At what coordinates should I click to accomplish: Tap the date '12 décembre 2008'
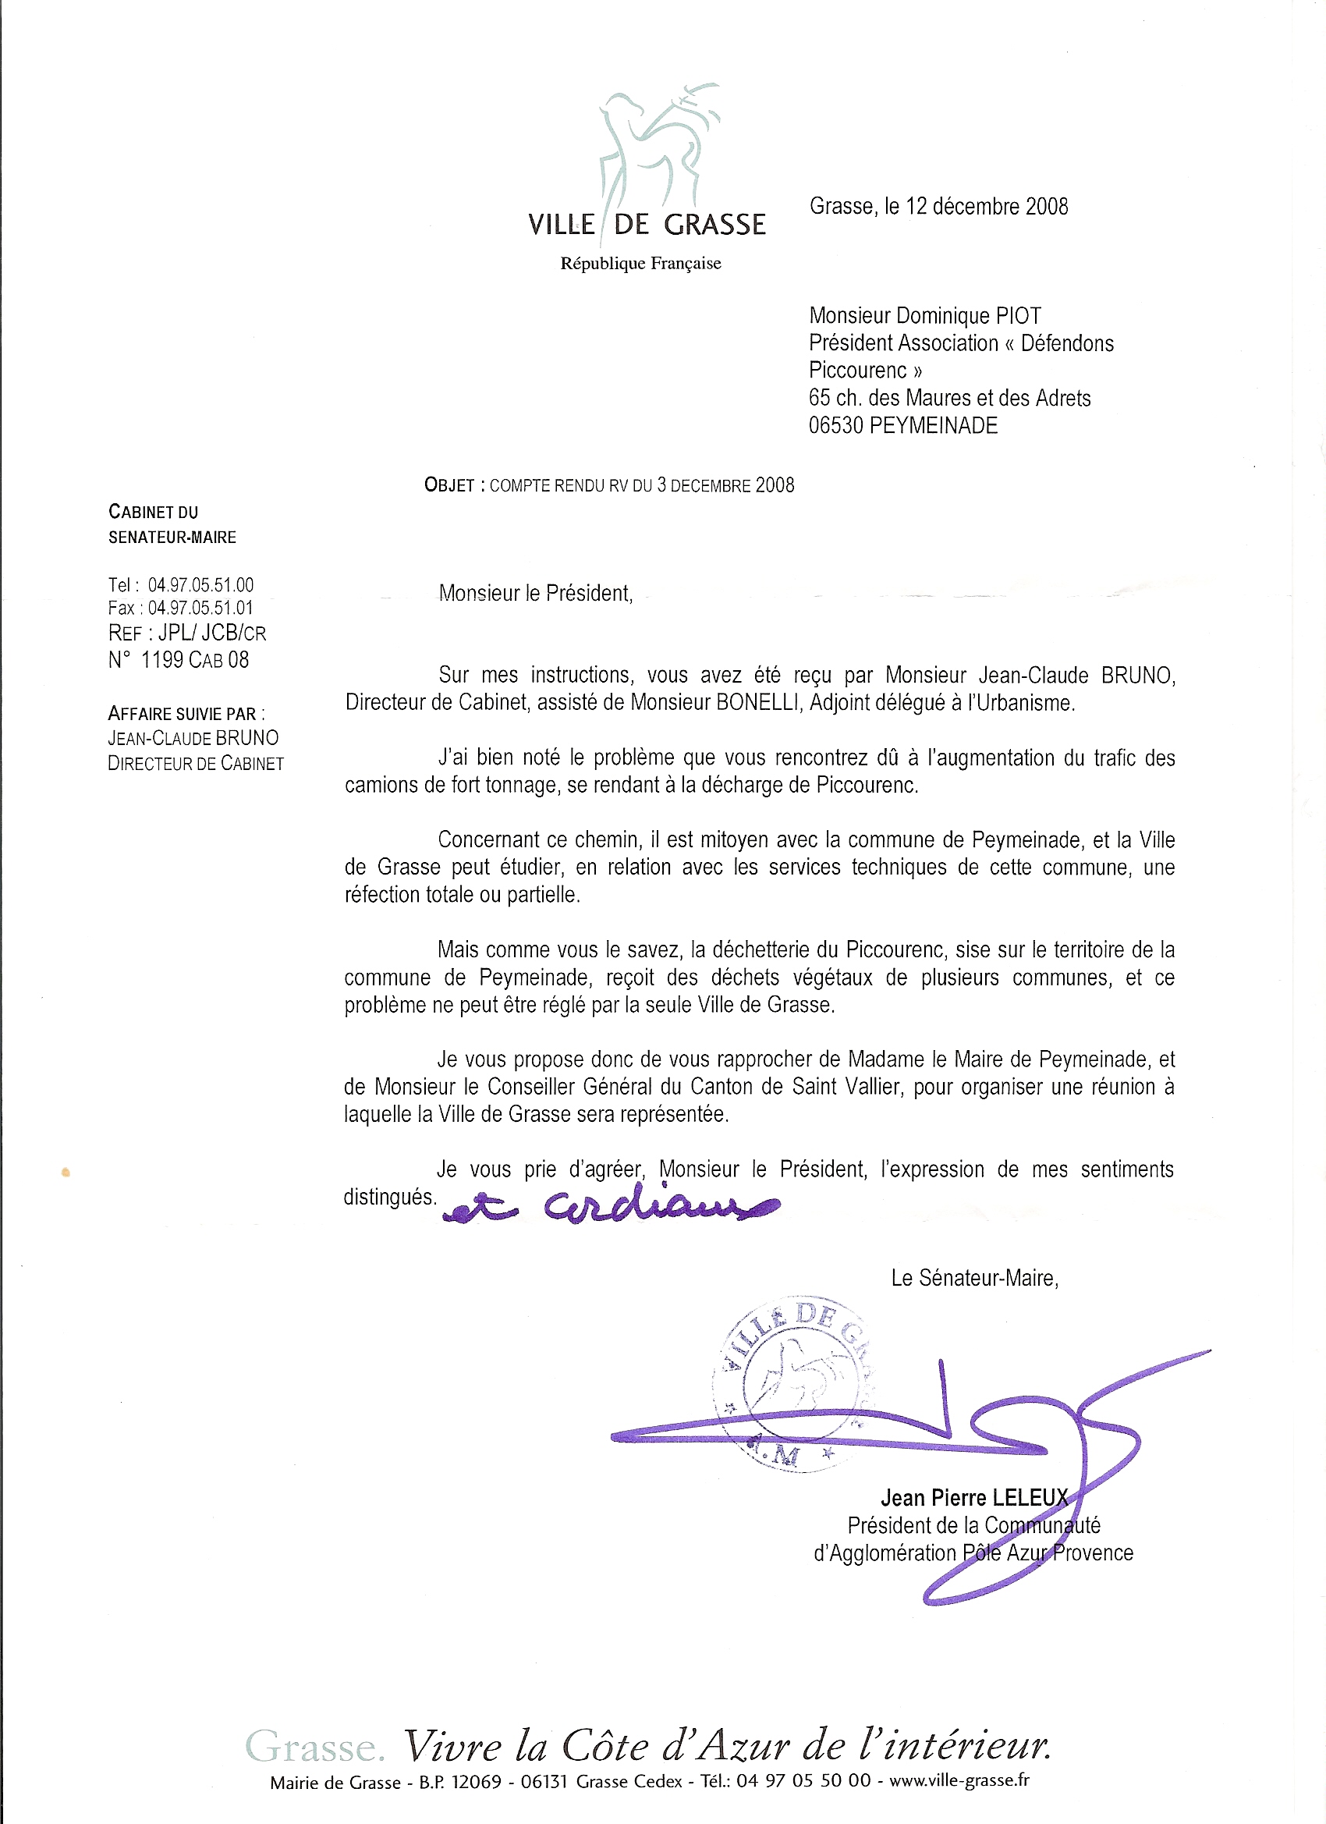point(987,207)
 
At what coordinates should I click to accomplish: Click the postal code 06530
point(835,425)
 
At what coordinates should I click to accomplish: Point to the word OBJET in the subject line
point(449,485)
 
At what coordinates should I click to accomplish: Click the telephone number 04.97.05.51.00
point(200,584)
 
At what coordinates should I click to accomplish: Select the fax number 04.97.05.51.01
point(200,608)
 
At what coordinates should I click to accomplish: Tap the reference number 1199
point(162,660)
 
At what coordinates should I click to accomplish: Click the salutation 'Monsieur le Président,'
point(536,594)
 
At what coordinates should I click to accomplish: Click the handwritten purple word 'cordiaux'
point(659,1205)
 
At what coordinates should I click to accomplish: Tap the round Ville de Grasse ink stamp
point(792,1383)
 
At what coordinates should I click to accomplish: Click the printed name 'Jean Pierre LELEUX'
point(973,1497)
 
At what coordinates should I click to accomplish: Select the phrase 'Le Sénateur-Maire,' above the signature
point(973,1278)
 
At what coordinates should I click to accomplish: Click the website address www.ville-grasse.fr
point(959,1780)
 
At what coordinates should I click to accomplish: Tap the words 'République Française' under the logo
point(640,263)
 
